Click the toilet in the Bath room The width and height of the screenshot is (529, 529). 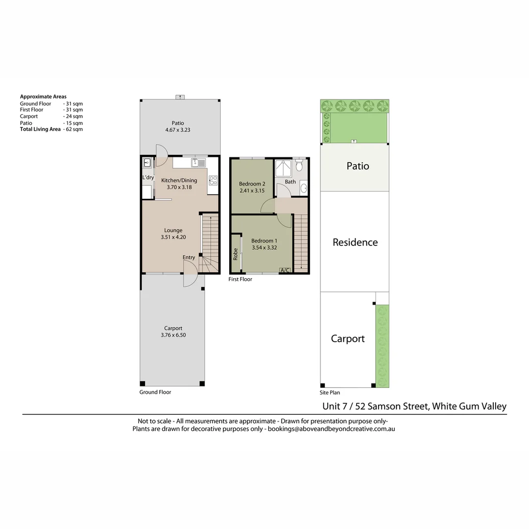coord(299,166)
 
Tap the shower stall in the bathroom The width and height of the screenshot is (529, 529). coord(284,168)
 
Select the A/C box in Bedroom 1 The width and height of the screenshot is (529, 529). coord(285,270)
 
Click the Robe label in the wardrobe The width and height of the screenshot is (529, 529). coord(236,254)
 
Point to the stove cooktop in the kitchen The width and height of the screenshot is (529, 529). coord(213,180)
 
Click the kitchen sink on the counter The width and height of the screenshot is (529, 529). coord(198,163)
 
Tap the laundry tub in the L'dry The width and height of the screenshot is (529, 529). coord(147,163)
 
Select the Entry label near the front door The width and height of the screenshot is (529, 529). coord(189,258)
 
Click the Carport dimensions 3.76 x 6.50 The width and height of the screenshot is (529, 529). coord(173,335)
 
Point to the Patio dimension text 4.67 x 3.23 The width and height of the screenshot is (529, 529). coord(178,130)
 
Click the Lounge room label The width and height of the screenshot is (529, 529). coord(173,230)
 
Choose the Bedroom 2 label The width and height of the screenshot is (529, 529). coord(252,184)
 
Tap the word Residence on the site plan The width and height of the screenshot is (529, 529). coord(355,242)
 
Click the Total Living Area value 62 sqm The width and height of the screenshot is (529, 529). coord(74,129)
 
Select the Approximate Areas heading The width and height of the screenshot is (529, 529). coord(43,96)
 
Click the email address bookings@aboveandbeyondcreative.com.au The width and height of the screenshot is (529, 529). coord(331,429)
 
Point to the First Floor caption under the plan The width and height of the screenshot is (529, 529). coord(240,279)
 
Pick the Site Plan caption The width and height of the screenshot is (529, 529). coord(330,393)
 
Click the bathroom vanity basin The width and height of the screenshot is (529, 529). coord(303,188)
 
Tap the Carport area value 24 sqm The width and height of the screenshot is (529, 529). coord(74,117)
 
